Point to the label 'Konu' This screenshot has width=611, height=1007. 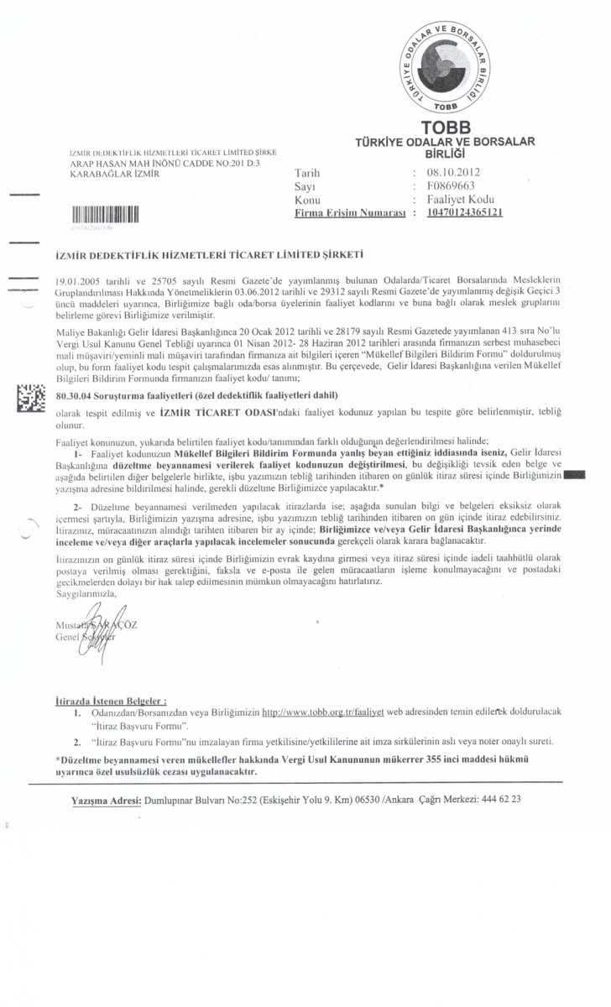307,200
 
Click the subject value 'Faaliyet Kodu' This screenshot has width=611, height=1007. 461,200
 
